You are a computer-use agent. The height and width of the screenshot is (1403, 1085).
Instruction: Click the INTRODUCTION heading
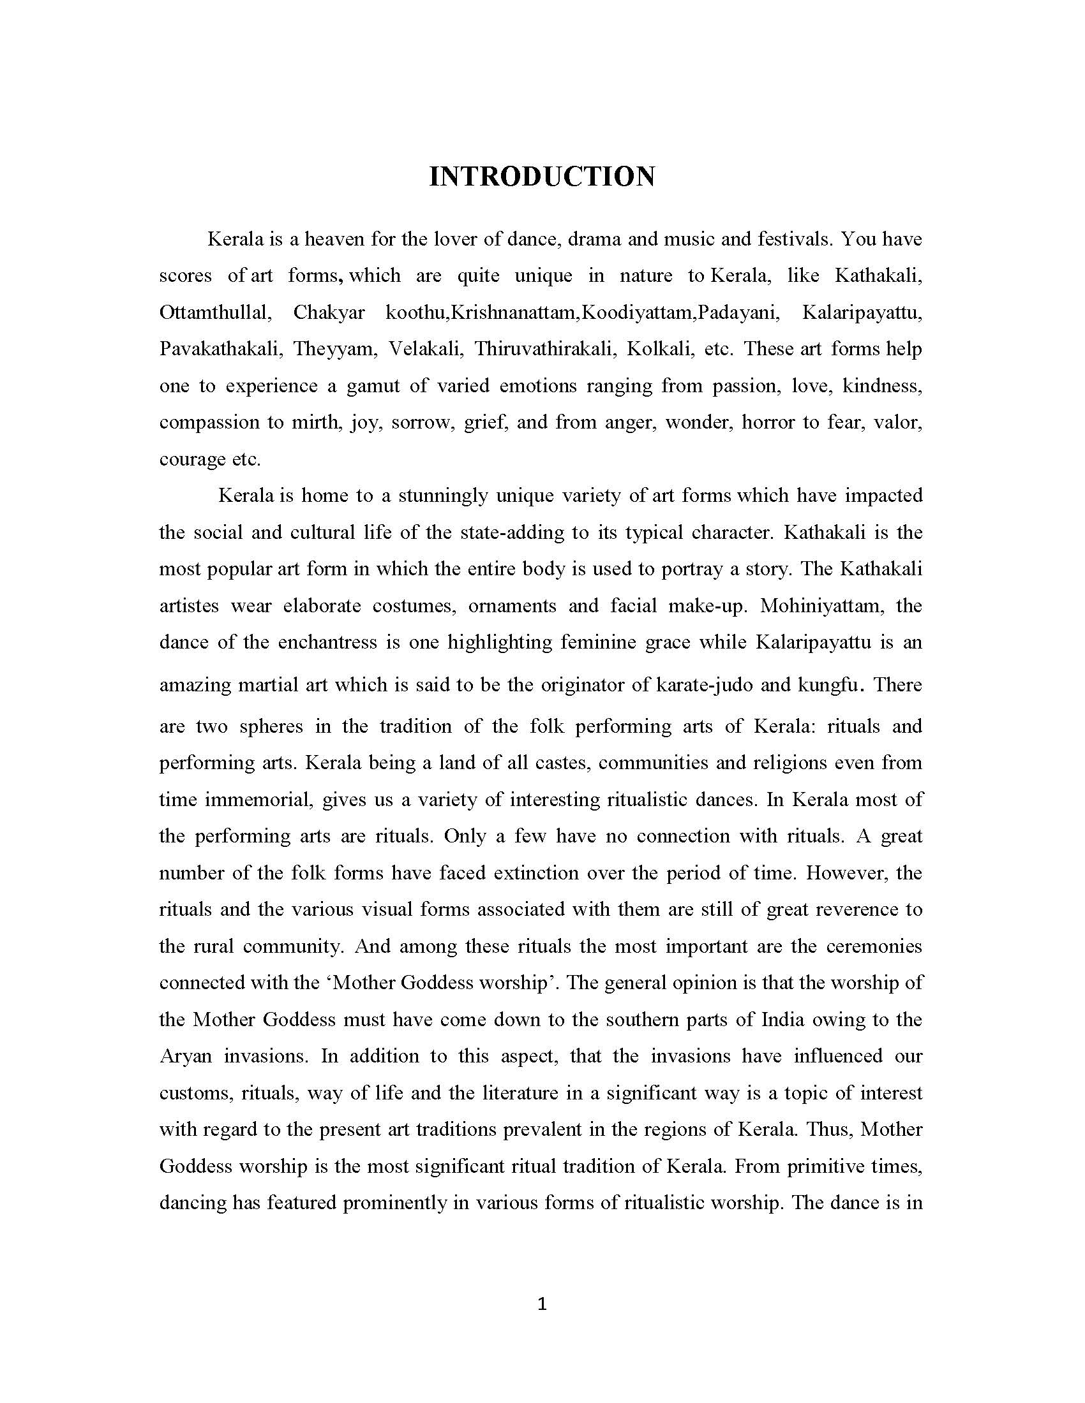coord(542,177)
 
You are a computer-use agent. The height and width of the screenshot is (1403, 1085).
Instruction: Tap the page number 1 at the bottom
coord(542,1304)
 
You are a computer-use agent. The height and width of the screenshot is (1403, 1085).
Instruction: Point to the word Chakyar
coord(329,314)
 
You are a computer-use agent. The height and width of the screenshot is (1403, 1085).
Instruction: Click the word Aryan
coord(185,1057)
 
